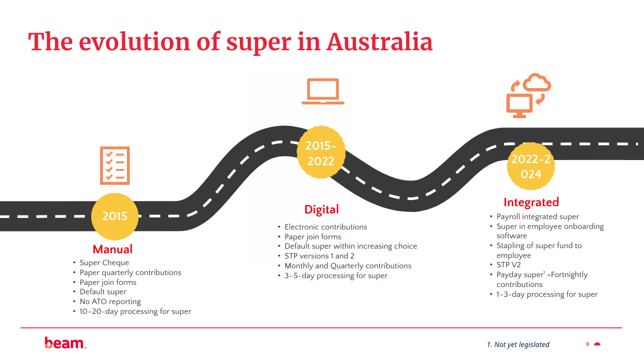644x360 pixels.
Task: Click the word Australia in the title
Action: point(379,42)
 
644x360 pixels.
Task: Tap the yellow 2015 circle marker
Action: point(115,217)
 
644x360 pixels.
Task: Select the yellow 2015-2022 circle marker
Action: point(321,153)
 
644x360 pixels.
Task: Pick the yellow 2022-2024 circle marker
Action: point(531,167)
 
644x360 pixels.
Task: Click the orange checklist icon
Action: point(115,166)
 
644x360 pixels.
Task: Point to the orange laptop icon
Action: point(323,92)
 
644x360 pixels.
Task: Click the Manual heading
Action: point(112,249)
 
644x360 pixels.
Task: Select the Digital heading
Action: point(321,209)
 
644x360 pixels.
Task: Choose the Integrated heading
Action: point(531,202)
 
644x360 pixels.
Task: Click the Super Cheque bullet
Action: point(104,263)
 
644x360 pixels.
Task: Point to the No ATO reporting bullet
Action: point(110,301)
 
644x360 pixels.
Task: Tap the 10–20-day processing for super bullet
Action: point(135,311)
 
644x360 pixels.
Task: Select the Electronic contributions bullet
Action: point(325,227)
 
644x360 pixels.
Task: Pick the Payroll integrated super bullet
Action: point(537,217)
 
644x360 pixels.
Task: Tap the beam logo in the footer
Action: point(65,343)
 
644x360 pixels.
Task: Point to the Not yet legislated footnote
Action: point(518,344)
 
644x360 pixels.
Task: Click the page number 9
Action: point(588,344)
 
